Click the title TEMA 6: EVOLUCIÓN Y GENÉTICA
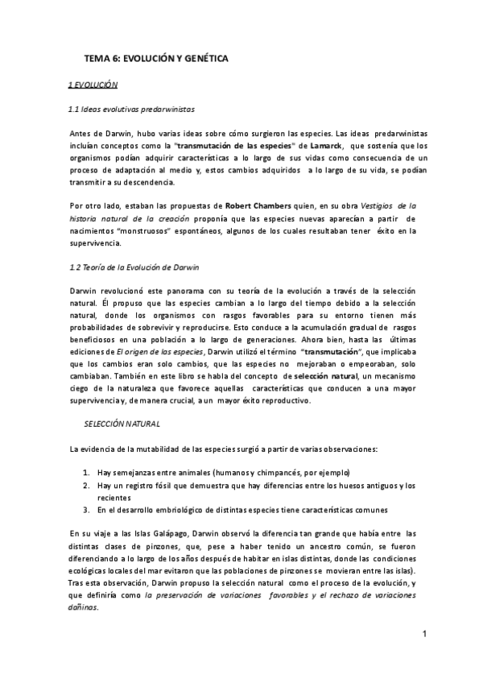pos(156,59)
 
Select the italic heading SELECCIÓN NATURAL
pos(122,424)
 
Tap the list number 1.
pos(86,472)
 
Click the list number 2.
pos(86,485)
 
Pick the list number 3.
pos(86,510)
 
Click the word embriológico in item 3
pos(171,510)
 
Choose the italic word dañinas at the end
pos(83,609)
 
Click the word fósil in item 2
pos(165,485)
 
